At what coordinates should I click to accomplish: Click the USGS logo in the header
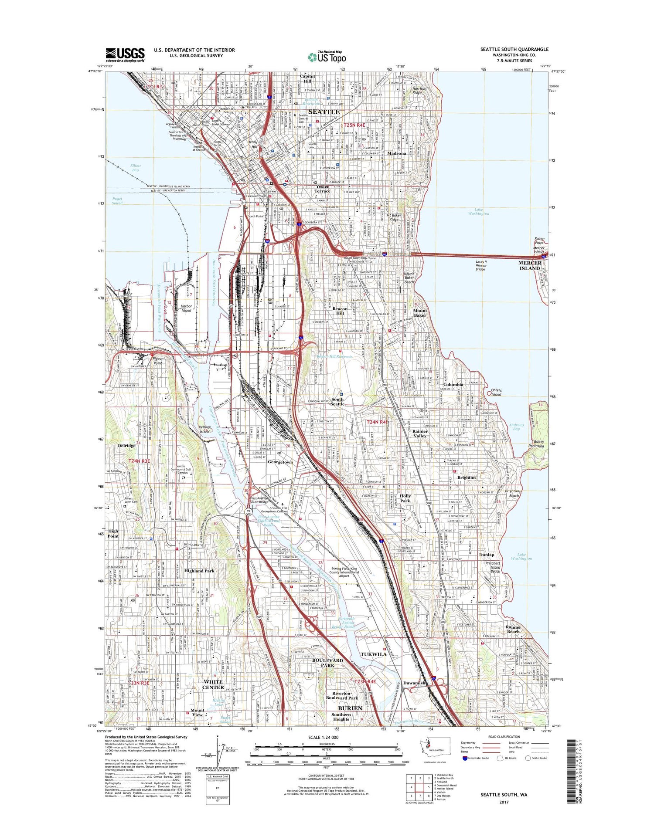[125, 54]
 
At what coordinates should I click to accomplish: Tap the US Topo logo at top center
[327, 57]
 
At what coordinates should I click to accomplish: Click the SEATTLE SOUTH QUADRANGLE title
[514, 49]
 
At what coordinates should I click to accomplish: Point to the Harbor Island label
[186, 308]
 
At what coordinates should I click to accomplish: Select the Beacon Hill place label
[340, 311]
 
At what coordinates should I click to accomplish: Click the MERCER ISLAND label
[530, 265]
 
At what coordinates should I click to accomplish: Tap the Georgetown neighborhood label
[280, 462]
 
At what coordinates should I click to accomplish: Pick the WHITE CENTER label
[213, 684]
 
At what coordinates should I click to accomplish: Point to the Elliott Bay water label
[135, 168]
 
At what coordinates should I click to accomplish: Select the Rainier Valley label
[420, 433]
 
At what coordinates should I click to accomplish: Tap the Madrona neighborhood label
[397, 153]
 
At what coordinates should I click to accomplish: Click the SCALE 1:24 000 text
[326, 737]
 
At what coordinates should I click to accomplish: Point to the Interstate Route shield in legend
[465, 758]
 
